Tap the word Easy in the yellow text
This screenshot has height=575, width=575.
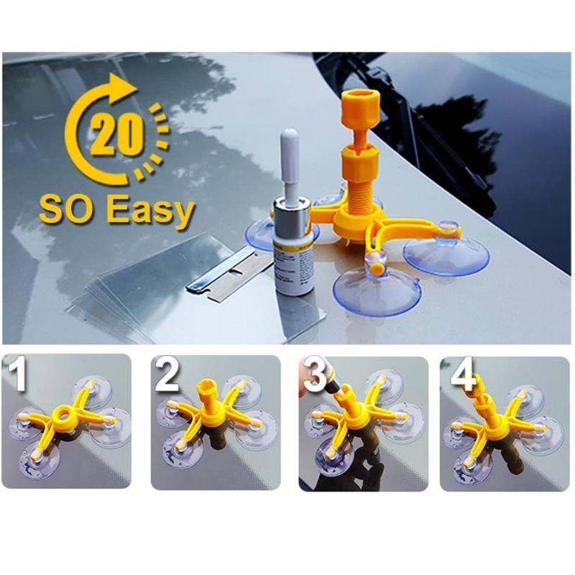click(x=150, y=212)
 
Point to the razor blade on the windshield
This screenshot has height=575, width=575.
click(x=223, y=276)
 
